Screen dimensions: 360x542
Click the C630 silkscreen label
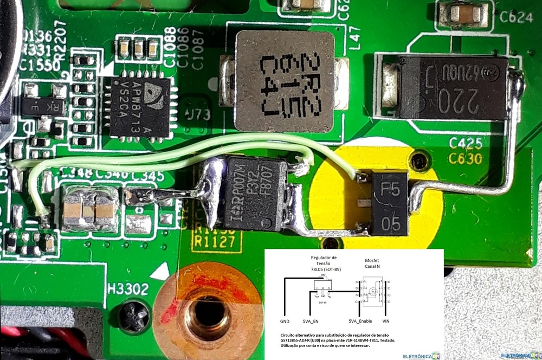pos(465,158)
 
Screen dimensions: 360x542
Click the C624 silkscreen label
pos(515,17)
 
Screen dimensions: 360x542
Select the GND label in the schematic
pos(285,322)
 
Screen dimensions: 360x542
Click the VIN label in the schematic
pos(385,322)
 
